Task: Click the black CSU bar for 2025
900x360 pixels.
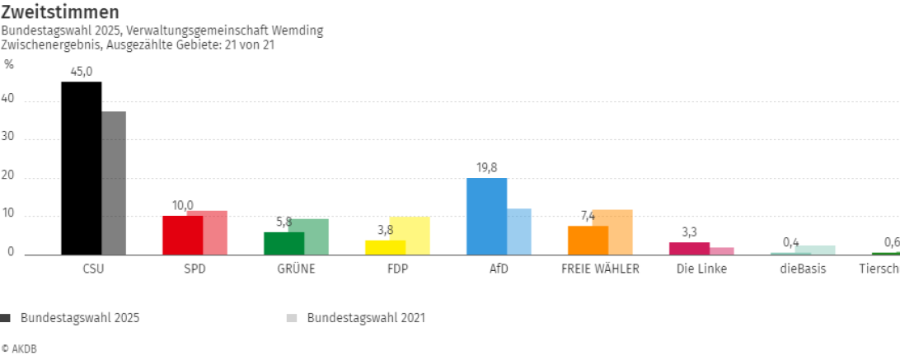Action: [82, 168]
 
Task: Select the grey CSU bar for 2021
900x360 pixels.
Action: [114, 183]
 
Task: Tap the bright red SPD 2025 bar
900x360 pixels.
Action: [182, 236]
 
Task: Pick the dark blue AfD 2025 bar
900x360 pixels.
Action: [486, 217]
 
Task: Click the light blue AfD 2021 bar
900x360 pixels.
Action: [519, 231]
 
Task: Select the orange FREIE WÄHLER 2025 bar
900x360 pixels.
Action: [588, 241]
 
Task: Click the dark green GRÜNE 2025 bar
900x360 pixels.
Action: [284, 243]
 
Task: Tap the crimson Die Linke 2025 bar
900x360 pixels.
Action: [689, 248]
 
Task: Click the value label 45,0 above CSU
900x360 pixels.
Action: [82, 72]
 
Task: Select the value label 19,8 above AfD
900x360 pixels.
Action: [486, 168]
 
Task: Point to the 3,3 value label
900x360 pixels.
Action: [689, 232]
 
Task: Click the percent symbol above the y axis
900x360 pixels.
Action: [9, 64]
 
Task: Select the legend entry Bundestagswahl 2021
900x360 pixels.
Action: [365, 317]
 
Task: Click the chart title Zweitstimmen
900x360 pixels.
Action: [59, 12]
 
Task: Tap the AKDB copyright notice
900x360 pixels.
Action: [20, 348]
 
